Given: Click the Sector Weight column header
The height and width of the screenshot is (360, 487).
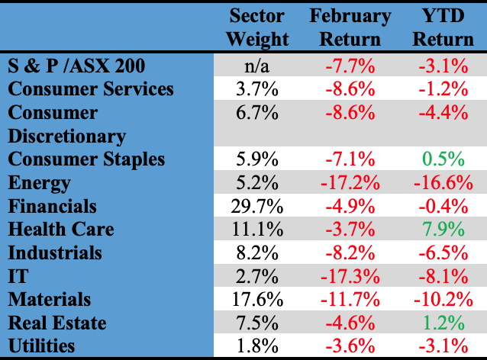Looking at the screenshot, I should point(258,27).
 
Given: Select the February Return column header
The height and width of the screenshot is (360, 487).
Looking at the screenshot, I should point(350,27).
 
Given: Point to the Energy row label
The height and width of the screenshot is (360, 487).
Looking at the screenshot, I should point(39,183).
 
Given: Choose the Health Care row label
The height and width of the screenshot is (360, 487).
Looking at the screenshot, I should point(61,230).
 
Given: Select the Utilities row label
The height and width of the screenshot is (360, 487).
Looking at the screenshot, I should point(42,346).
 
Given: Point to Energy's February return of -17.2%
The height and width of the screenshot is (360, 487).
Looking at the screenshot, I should point(351,183).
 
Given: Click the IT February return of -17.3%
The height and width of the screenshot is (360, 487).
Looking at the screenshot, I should point(351,276).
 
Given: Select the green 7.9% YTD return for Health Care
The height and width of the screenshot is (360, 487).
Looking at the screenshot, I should point(447,230).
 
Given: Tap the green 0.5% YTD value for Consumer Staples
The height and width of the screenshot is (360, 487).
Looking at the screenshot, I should point(447,159).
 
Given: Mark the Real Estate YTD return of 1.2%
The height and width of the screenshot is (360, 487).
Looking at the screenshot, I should point(447,323).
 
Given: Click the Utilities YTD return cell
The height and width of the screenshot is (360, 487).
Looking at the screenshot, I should point(447,346).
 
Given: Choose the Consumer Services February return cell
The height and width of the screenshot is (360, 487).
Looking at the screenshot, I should point(351,89).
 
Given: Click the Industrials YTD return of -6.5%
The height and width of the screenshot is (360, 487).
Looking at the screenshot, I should point(447,253).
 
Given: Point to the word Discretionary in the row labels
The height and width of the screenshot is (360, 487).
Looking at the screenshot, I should point(67,137).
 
